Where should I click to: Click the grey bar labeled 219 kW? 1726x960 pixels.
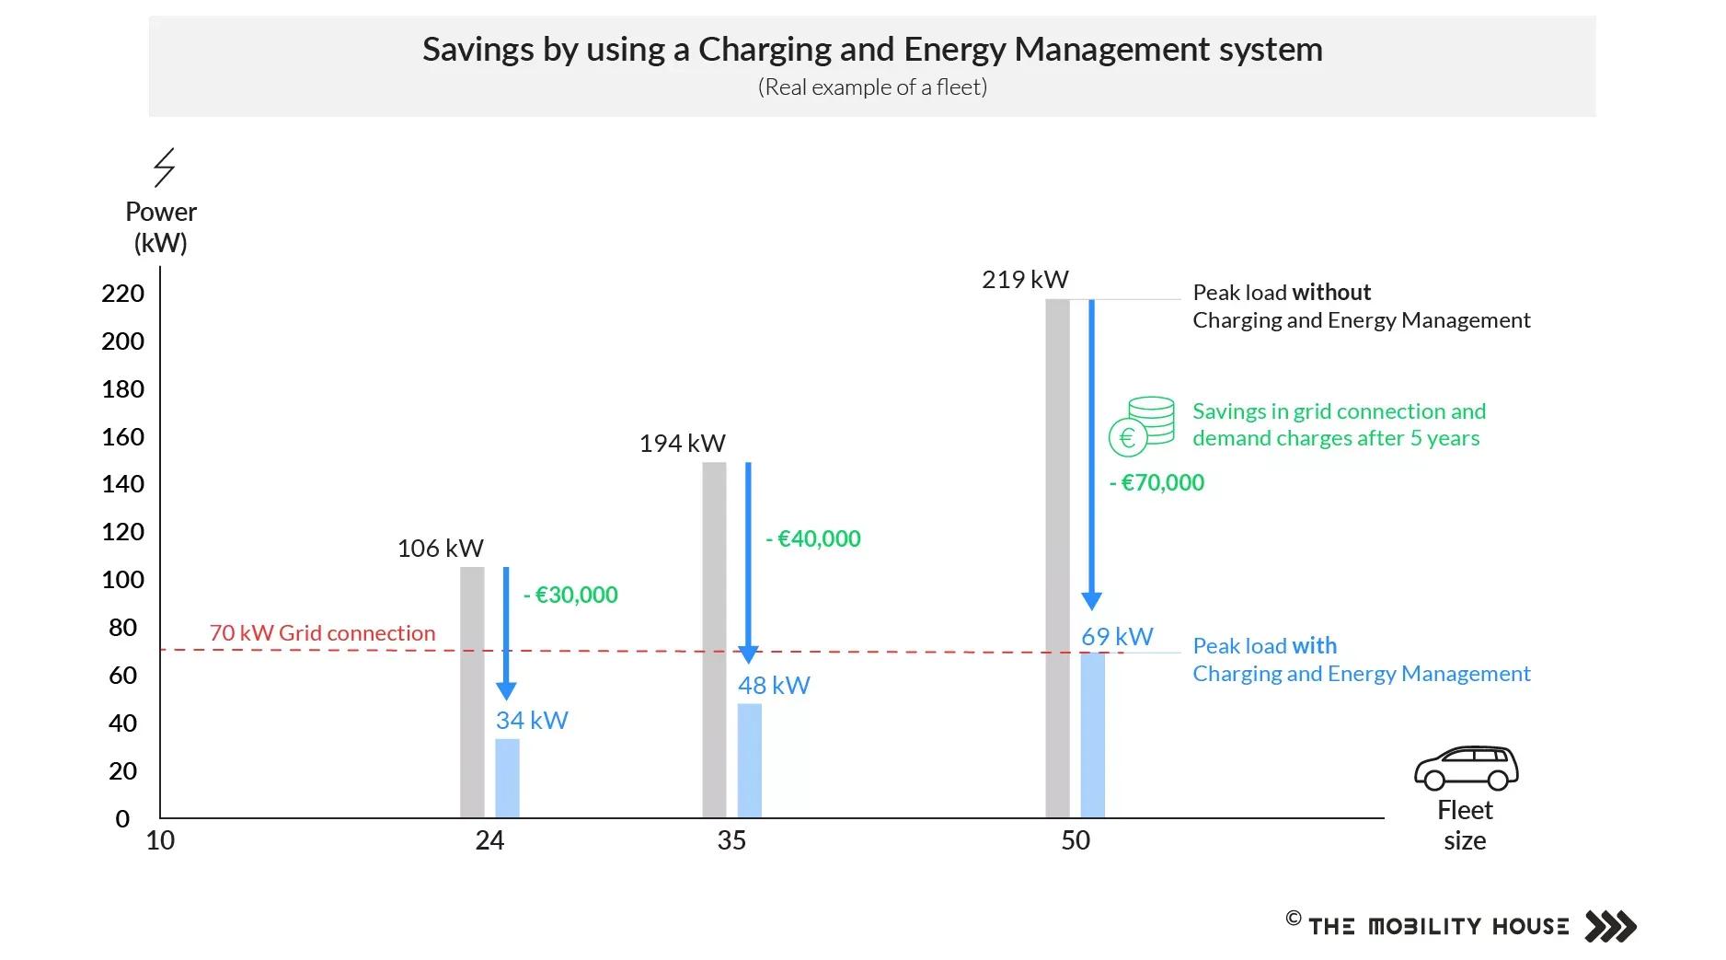click(x=1057, y=558)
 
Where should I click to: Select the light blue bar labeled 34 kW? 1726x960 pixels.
click(x=507, y=778)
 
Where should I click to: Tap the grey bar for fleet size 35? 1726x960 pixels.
click(x=714, y=640)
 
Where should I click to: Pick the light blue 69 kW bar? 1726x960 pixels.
click(x=1092, y=734)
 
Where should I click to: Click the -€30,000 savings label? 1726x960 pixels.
click(x=570, y=595)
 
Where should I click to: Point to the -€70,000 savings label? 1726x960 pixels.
click(x=1156, y=482)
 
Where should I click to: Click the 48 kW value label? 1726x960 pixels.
click(x=774, y=686)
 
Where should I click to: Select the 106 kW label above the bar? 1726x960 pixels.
click(x=440, y=549)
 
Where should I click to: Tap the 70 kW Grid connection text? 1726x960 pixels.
click(x=322, y=633)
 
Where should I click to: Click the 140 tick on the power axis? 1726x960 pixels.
click(x=122, y=484)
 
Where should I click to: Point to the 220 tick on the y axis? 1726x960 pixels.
click(x=122, y=294)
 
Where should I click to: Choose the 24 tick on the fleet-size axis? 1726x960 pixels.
click(x=489, y=840)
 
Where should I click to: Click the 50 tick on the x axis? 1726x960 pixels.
click(x=1075, y=840)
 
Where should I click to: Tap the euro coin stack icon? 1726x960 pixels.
click(x=1142, y=426)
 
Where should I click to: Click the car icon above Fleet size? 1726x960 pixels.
click(x=1466, y=769)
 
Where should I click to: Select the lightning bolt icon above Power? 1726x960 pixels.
click(x=164, y=168)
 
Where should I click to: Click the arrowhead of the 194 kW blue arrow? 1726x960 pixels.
click(x=748, y=654)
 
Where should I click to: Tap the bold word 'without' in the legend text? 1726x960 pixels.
click(x=1330, y=293)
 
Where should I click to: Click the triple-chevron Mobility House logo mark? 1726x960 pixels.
click(x=1610, y=926)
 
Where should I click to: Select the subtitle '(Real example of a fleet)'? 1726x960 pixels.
click(x=871, y=87)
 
